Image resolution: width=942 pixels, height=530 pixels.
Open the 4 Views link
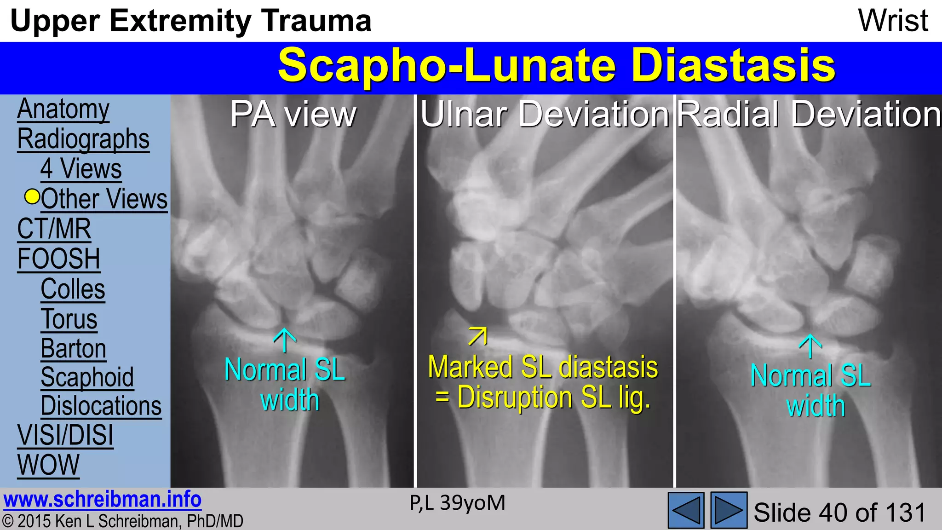point(81,169)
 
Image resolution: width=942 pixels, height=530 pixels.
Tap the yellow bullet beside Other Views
point(32,197)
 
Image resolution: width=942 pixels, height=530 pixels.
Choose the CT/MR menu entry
point(54,229)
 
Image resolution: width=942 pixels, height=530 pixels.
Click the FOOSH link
point(58,259)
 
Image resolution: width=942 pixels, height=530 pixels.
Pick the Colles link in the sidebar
point(73,289)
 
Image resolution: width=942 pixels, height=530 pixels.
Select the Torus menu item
point(69,319)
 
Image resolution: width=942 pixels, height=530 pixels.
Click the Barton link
point(74,348)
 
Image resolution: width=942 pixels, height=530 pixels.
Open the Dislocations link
point(101,406)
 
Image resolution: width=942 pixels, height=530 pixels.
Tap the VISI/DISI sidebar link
point(65,435)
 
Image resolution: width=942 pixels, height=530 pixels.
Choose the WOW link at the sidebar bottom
point(48,465)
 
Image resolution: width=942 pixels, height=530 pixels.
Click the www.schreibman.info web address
point(103,500)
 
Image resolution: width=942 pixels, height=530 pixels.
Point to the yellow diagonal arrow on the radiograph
point(477,336)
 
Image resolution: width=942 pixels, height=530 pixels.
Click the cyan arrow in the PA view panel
point(285,340)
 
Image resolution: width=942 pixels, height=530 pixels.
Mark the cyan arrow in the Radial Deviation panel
point(810,346)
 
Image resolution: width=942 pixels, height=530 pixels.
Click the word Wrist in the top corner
point(893,21)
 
